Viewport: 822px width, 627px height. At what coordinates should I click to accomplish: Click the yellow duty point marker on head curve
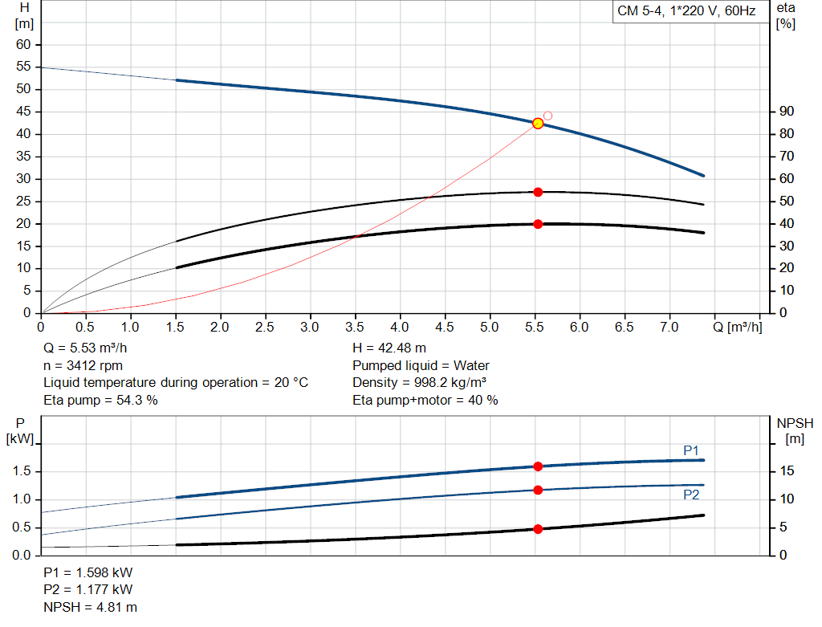538,123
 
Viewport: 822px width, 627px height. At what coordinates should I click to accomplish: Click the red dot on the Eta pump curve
538,192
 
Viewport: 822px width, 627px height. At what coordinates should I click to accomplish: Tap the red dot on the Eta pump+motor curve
538,224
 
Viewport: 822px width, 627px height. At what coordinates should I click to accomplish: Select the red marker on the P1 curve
538,466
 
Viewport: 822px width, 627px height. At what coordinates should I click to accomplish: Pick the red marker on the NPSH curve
538,529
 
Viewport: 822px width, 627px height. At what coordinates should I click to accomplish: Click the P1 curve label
691,450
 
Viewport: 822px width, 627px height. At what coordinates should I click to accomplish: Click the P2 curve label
691,495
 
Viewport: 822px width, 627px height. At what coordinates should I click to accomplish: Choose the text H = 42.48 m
389,348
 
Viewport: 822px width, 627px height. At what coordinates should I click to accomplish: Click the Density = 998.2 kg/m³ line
420,382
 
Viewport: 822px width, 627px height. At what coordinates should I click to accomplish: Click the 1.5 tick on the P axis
22,471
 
